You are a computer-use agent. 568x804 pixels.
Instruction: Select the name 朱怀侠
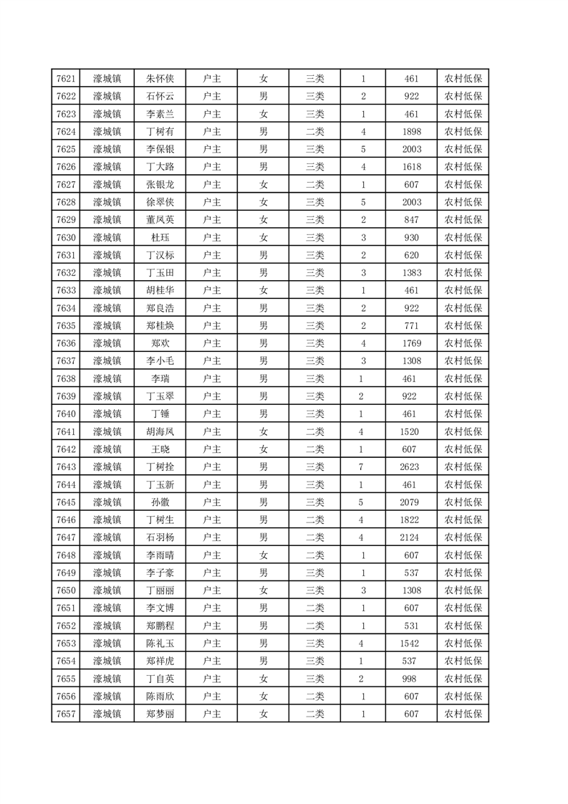pyautogui.click(x=160, y=79)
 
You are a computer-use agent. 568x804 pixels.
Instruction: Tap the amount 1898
pyautogui.click(x=411, y=132)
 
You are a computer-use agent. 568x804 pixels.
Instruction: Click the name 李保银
pyautogui.click(x=160, y=149)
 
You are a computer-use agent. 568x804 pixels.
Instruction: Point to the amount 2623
pyautogui.click(x=411, y=466)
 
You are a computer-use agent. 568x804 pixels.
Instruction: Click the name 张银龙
pyautogui.click(x=160, y=184)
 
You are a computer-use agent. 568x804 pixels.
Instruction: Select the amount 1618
pyautogui.click(x=411, y=167)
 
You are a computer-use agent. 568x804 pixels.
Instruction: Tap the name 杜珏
pyautogui.click(x=160, y=237)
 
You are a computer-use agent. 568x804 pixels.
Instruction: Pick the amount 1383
pyautogui.click(x=411, y=272)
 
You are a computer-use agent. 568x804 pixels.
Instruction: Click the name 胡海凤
pyautogui.click(x=160, y=431)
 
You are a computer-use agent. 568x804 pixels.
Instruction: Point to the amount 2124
pyautogui.click(x=411, y=537)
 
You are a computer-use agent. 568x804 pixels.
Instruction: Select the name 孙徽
pyautogui.click(x=160, y=502)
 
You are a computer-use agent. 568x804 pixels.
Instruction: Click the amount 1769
pyautogui.click(x=411, y=343)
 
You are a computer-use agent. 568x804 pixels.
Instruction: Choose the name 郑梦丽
pyautogui.click(x=160, y=714)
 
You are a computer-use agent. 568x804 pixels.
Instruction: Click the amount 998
pyautogui.click(x=411, y=678)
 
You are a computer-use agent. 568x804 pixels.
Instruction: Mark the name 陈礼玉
pyautogui.click(x=160, y=643)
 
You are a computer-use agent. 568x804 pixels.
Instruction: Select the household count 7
pyautogui.click(x=362, y=466)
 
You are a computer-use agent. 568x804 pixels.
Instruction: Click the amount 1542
pyautogui.click(x=411, y=643)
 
